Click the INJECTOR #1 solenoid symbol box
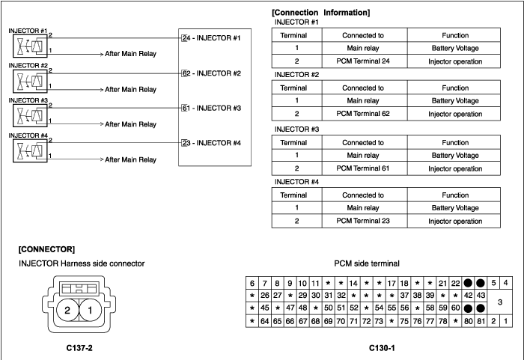click(x=30, y=46)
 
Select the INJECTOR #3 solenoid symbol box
click(x=30, y=116)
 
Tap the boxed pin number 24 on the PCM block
click(x=184, y=38)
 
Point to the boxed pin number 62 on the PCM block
click(x=184, y=73)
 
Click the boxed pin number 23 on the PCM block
click(x=184, y=143)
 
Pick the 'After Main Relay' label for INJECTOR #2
click(x=131, y=90)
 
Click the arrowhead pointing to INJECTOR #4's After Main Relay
click(x=102, y=159)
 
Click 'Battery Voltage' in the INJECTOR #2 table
click(x=455, y=100)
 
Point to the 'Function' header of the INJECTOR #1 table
click(x=455, y=35)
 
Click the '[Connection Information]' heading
click(x=321, y=13)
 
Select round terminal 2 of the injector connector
click(x=67, y=310)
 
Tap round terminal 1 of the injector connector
click(x=90, y=310)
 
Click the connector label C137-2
click(x=79, y=348)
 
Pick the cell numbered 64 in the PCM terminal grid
click(x=265, y=321)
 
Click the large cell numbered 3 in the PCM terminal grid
click(x=499, y=302)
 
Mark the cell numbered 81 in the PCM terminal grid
click(x=481, y=321)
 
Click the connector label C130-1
click(x=382, y=348)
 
